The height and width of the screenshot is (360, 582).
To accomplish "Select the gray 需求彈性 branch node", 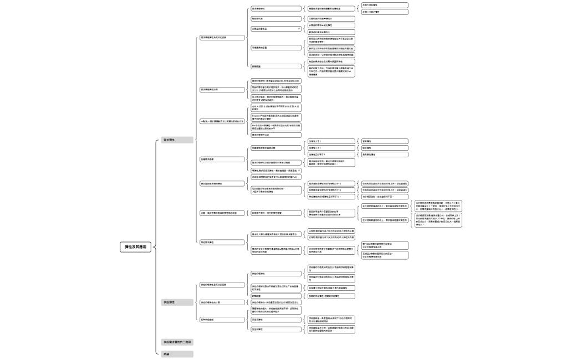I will click(x=177, y=140).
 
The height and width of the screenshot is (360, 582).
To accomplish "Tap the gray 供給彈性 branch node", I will click(x=177, y=302).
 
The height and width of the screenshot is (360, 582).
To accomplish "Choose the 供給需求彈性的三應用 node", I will click(x=177, y=342).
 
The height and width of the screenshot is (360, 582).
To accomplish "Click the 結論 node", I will click(x=177, y=353).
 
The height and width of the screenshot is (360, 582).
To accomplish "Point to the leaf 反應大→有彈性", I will click(x=384, y=5).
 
